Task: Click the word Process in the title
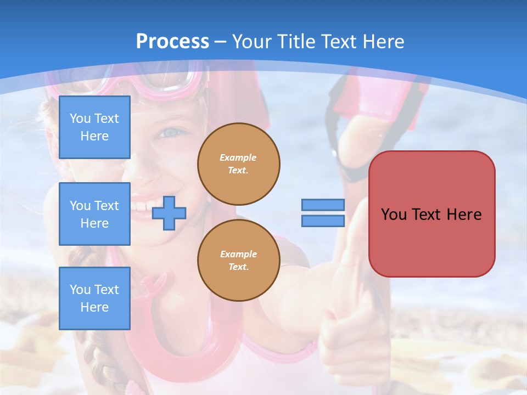[x=172, y=42]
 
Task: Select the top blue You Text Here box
[x=94, y=127]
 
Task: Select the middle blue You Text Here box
[x=94, y=214]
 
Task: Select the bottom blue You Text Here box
[x=94, y=298]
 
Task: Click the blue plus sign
[x=169, y=213]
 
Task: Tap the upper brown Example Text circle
[x=239, y=163]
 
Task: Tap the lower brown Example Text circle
[x=239, y=260]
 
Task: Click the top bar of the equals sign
[x=323, y=205]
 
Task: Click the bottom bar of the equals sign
[x=323, y=221]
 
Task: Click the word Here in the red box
[x=464, y=215]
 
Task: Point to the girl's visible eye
[x=172, y=132]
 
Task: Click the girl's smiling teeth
[x=144, y=207]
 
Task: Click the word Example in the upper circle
[x=238, y=157]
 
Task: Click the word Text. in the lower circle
[x=238, y=267]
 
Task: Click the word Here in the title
[x=383, y=42]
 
